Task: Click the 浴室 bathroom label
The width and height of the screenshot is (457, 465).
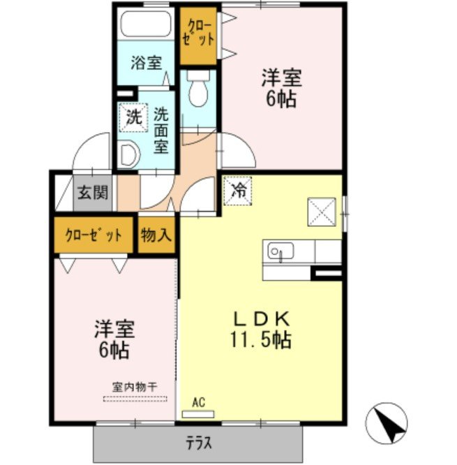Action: [x=147, y=63]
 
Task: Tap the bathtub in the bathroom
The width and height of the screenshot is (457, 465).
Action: [x=146, y=24]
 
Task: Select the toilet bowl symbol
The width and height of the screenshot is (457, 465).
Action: [x=198, y=89]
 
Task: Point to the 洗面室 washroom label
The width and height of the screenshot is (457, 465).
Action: [x=161, y=131]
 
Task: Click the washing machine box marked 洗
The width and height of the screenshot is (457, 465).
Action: [x=133, y=117]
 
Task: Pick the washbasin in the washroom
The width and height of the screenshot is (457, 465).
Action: [x=129, y=155]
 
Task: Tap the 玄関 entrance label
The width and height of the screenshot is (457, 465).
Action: [x=93, y=193]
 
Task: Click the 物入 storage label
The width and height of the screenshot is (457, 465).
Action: [x=156, y=235]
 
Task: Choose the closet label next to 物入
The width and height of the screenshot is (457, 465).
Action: [x=93, y=235]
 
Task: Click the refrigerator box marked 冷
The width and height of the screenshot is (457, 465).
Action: [x=238, y=191]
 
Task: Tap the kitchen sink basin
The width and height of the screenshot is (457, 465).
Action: [x=280, y=251]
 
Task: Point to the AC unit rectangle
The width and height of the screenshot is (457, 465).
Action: [x=198, y=414]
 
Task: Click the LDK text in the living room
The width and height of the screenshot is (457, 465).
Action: [x=262, y=319]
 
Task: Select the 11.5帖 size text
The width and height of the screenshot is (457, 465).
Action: [x=261, y=340]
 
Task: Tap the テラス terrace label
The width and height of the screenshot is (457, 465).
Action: [x=199, y=443]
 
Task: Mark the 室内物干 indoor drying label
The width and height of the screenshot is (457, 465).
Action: [x=135, y=387]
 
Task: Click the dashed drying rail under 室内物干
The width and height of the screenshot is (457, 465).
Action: [x=135, y=399]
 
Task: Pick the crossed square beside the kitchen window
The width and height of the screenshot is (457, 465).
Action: [x=322, y=212]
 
